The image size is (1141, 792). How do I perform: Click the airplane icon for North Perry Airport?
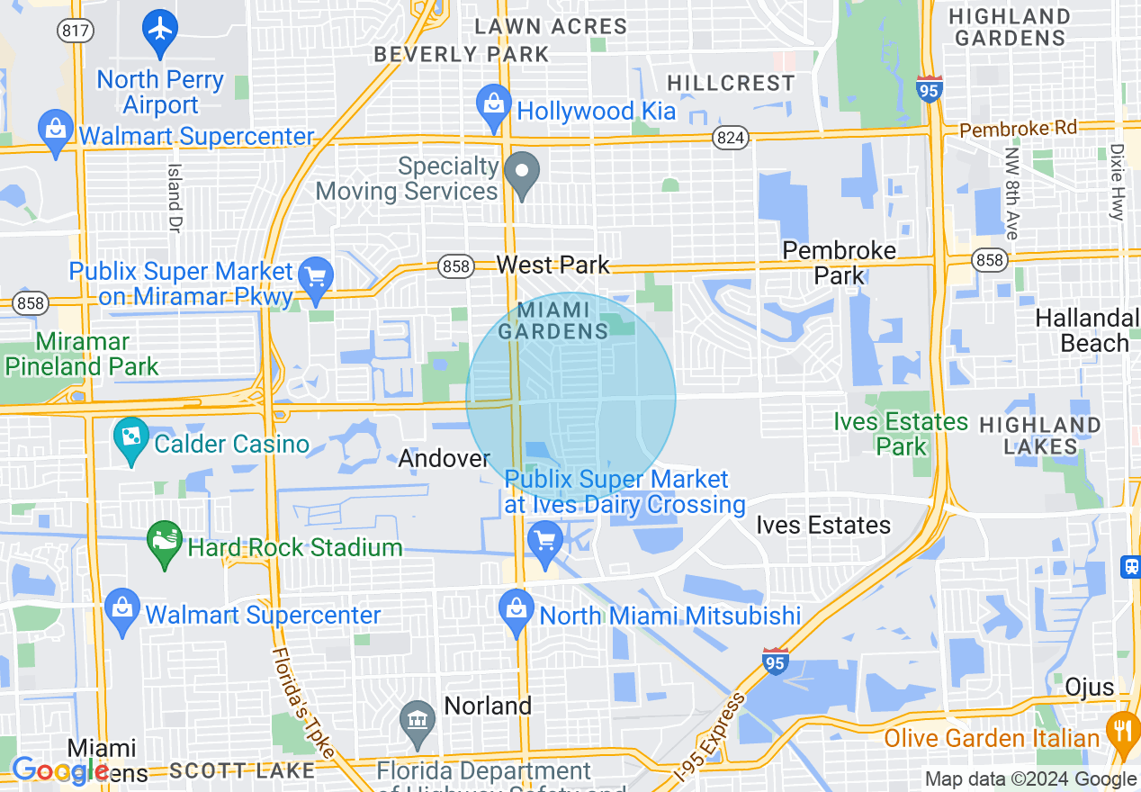click(160, 30)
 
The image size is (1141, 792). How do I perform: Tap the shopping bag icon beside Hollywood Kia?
click(493, 106)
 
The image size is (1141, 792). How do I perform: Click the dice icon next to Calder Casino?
click(131, 439)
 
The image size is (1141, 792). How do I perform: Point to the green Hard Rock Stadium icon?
click(164, 543)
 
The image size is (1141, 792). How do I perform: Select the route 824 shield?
click(728, 137)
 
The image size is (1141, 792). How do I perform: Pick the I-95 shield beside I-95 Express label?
click(775, 661)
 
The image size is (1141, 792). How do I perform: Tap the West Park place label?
click(553, 265)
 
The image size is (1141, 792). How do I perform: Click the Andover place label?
click(444, 458)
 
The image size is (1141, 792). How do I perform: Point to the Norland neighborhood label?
click(488, 706)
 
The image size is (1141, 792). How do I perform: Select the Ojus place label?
click(1089, 688)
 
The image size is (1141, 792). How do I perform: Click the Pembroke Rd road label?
click(1018, 129)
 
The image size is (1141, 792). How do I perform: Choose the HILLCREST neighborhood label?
click(731, 84)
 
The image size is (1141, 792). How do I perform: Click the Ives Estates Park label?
click(900, 433)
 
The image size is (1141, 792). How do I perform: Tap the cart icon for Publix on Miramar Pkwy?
click(315, 277)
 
